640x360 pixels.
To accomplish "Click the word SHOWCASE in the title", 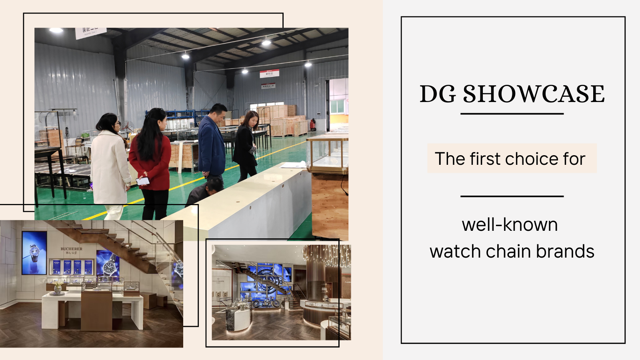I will click(534, 94).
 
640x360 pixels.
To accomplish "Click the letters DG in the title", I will click(438, 94).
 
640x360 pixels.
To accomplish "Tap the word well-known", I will click(510, 225).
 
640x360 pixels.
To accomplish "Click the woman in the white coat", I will click(109, 164).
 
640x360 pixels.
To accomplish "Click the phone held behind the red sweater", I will click(143, 181).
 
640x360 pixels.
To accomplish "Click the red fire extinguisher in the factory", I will click(313, 125).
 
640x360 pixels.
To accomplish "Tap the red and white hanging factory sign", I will click(269, 74).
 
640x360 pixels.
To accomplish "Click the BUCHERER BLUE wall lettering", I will click(72, 251).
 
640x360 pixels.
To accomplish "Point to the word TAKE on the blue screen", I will click(248, 287).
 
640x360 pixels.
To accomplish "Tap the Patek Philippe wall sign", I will click(218, 281).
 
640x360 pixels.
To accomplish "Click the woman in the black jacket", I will click(246, 146).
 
